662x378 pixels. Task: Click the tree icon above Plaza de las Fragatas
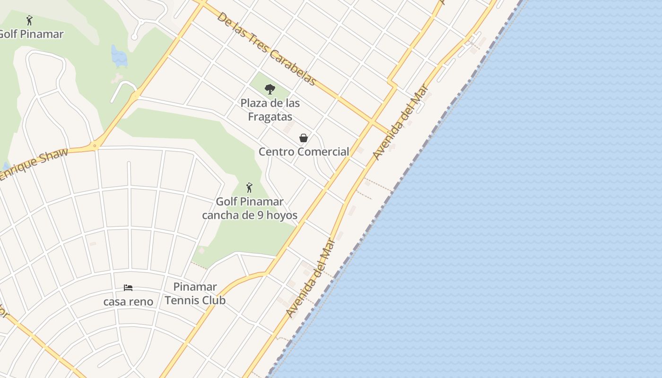pos(270,89)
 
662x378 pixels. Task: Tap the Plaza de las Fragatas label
pos(270,110)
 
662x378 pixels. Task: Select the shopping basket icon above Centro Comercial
pos(304,138)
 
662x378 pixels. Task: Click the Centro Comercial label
pos(304,152)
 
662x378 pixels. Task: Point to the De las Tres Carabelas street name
pos(266,49)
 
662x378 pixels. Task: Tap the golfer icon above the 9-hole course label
pos(250,188)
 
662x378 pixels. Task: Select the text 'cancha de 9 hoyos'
pos(250,215)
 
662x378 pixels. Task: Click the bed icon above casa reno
pos(128,288)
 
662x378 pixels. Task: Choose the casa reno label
pos(128,301)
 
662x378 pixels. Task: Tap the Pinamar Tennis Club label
pos(195,293)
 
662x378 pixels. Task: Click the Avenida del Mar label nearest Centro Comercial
pos(400,122)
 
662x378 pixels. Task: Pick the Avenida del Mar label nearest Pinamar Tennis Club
pos(311,279)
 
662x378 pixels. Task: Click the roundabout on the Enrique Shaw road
pos(95,146)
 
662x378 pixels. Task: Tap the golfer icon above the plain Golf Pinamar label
pos(29,20)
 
